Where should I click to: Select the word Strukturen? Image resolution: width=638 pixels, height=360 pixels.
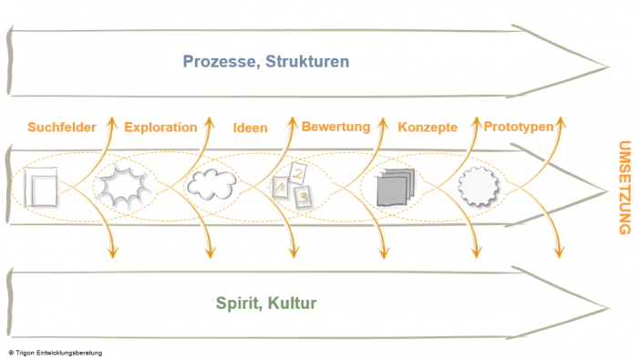[x=307, y=61]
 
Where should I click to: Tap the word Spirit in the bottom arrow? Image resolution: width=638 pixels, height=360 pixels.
[x=239, y=303]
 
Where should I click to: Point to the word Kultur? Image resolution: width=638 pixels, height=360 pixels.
[x=293, y=303]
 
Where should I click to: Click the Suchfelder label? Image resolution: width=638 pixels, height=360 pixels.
[x=62, y=128]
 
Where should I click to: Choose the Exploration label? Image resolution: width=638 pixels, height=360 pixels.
[x=160, y=128]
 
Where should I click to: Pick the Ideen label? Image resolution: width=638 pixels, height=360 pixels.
[x=251, y=129]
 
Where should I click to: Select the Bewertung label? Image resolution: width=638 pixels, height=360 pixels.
[x=336, y=127]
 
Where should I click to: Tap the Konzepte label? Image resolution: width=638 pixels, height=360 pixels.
[x=427, y=128]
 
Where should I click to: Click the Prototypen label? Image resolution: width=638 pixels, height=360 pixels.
[x=519, y=127]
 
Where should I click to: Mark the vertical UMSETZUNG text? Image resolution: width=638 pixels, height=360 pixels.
[x=624, y=188]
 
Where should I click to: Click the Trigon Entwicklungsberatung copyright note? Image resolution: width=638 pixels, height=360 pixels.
[x=56, y=353]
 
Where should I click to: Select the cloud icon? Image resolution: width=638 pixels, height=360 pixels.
[x=211, y=184]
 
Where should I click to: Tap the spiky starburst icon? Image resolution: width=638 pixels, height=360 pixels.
[x=123, y=186]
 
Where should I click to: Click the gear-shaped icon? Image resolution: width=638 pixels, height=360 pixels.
[x=478, y=186]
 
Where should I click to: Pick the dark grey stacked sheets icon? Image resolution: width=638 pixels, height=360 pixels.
[x=396, y=187]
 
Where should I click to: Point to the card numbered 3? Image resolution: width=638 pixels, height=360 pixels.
[x=303, y=197]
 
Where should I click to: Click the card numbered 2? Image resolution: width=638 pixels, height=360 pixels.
[x=298, y=173]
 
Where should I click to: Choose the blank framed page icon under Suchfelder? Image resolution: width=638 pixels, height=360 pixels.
[x=41, y=186]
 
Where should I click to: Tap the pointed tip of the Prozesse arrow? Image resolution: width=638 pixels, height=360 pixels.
[x=609, y=67]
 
